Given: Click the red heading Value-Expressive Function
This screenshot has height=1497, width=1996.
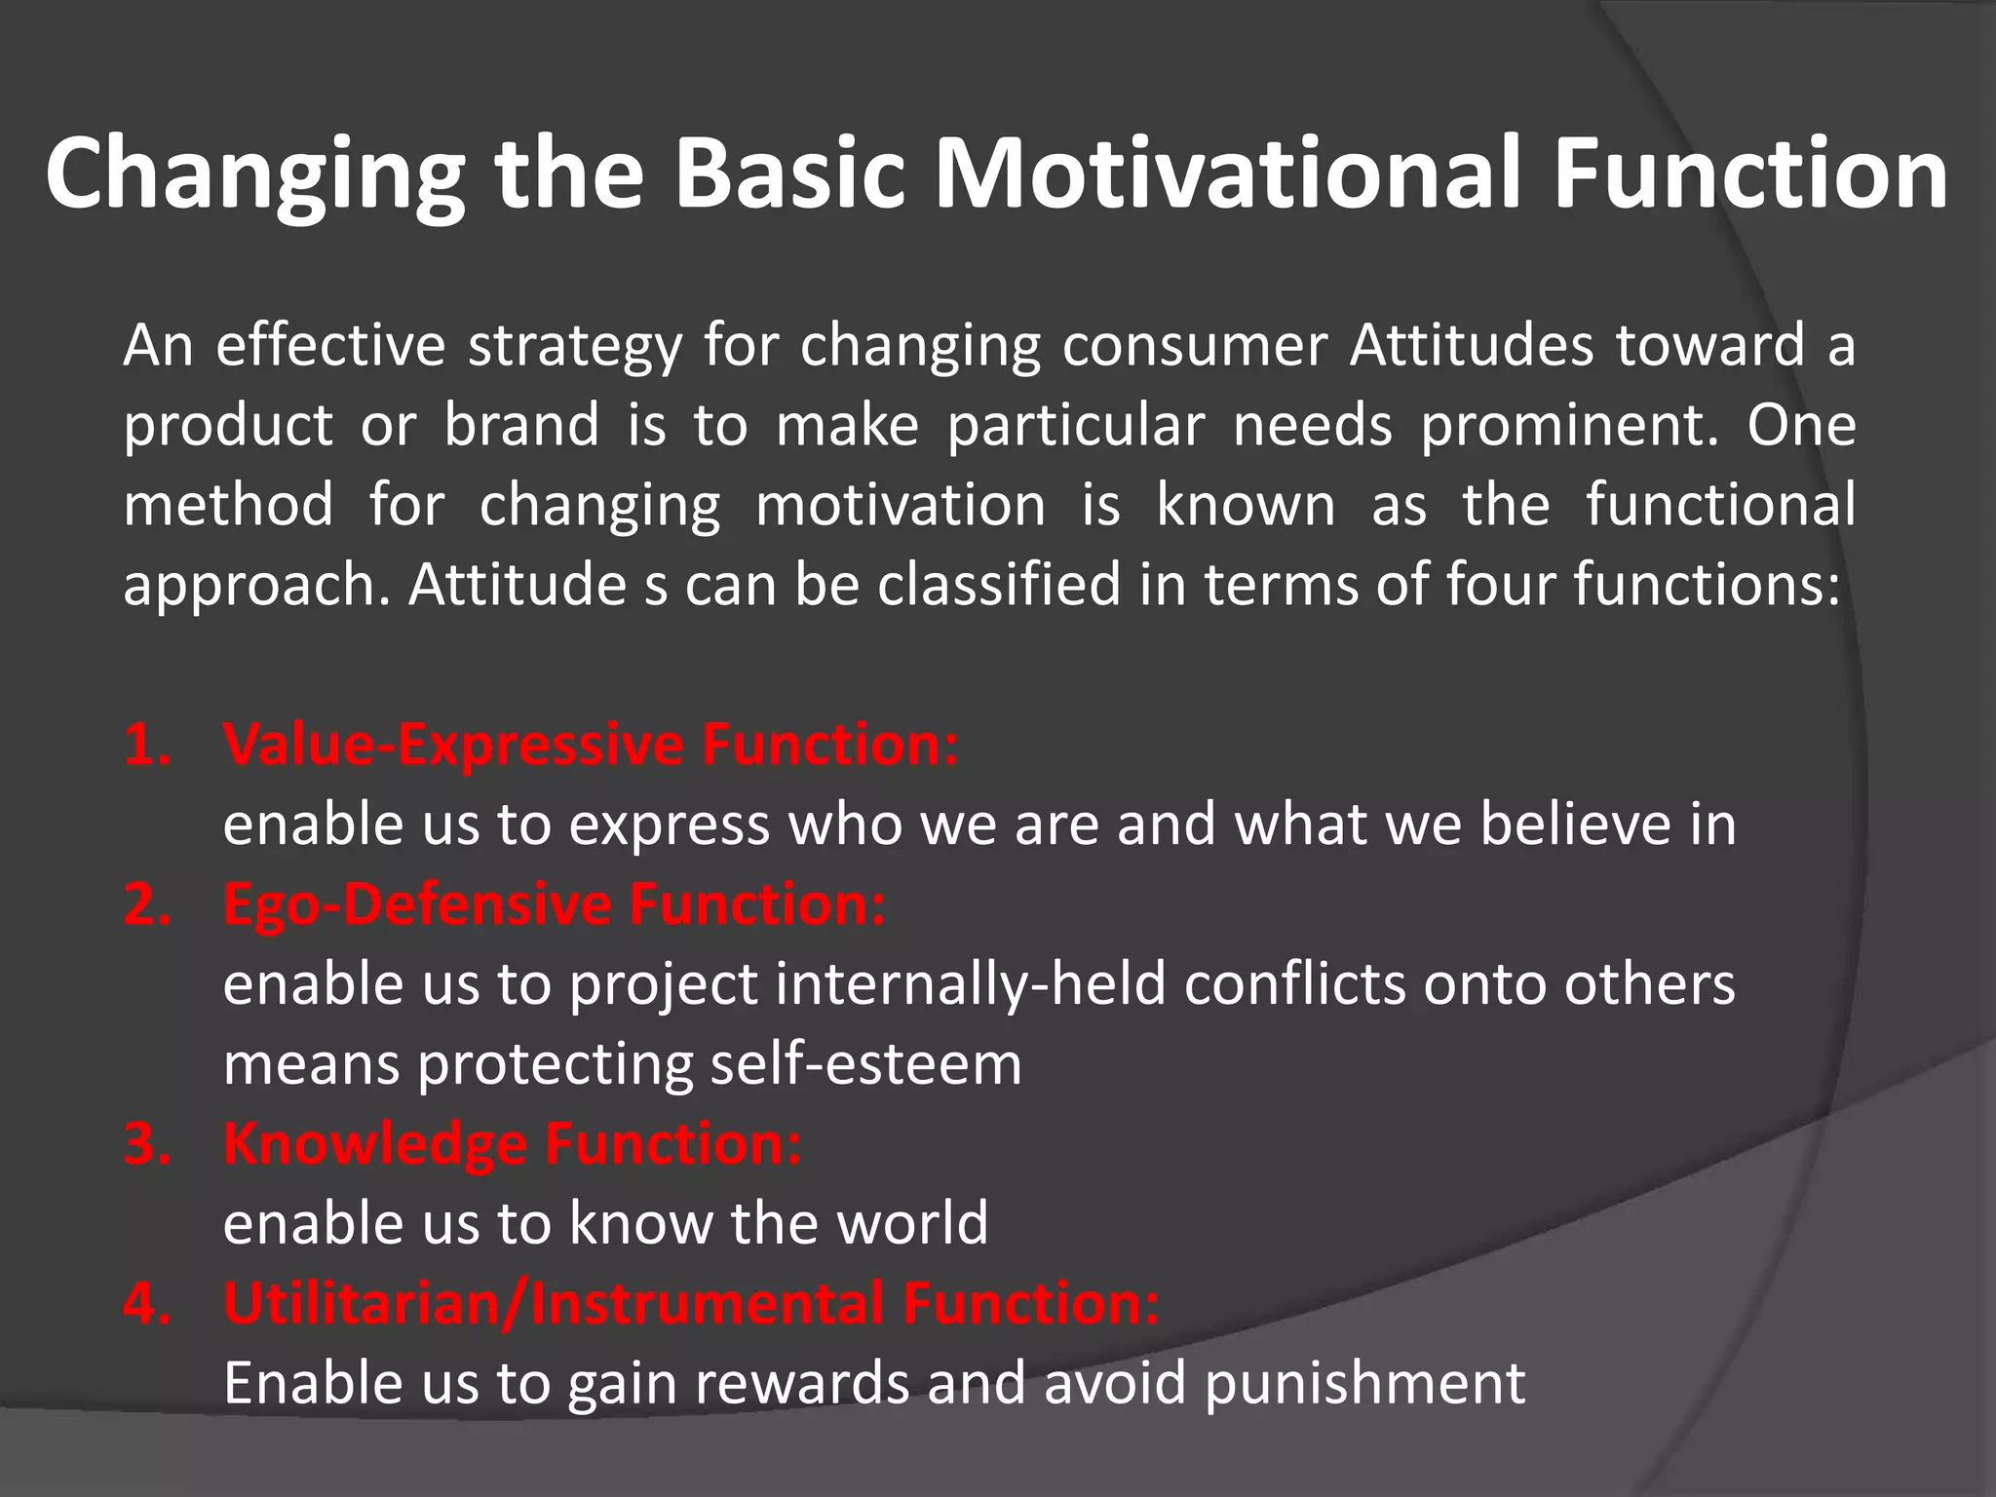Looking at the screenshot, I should [591, 745].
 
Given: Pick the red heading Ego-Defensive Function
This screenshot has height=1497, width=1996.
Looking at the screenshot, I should [555, 904].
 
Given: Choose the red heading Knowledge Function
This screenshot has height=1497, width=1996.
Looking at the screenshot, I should [513, 1143].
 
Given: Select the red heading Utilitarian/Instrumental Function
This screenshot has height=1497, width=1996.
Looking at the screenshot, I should [692, 1303].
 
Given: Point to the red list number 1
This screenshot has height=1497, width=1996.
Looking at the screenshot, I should [147, 745].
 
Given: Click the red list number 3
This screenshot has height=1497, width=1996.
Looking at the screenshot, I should [147, 1143].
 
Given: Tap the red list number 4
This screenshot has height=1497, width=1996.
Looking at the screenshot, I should [147, 1303].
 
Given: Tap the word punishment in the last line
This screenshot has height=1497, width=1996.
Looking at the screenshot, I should [1364, 1383].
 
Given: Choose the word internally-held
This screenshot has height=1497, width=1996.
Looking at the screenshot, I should [971, 983].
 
